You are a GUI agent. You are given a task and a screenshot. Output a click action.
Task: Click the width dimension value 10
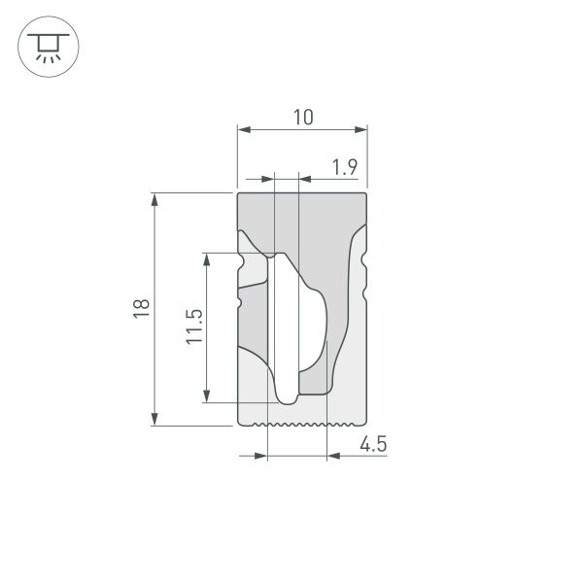pyautogui.click(x=303, y=117)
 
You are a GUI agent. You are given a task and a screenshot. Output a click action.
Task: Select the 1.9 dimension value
pyautogui.click(x=345, y=167)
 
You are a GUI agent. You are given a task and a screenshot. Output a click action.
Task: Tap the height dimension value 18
pyautogui.click(x=142, y=308)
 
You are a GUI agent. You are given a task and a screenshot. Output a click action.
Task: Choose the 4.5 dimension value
pyautogui.click(x=373, y=445)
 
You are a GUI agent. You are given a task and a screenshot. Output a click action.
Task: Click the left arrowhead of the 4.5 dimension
pyautogui.click(x=259, y=456)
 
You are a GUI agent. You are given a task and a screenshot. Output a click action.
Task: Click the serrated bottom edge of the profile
pyautogui.click(x=302, y=425)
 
